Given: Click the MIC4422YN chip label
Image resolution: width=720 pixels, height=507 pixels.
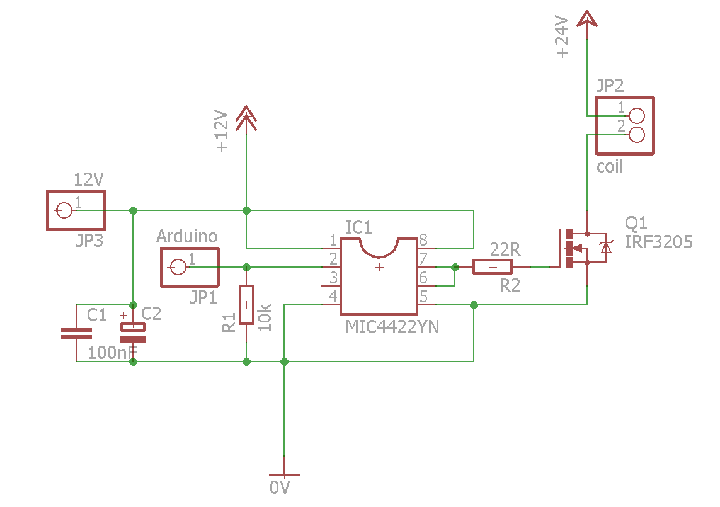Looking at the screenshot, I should pyautogui.click(x=392, y=328).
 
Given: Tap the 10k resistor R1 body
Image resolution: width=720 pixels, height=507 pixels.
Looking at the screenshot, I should pyautogui.click(x=246, y=305).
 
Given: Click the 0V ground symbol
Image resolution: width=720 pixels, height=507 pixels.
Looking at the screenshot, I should pyautogui.click(x=284, y=475).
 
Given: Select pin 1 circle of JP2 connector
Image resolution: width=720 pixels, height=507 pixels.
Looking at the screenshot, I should pyautogui.click(x=637, y=116).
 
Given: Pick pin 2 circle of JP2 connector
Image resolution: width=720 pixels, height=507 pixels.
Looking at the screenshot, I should pyautogui.click(x=637, y=134).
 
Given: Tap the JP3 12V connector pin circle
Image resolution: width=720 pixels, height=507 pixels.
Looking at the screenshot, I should pyautogui.click(x=64, y=210).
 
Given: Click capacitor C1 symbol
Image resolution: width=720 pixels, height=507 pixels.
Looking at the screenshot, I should pyautogui.click(x=76, y=333).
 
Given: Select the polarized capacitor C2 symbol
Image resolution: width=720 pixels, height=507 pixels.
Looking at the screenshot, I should pyautogui.click(x=133, y=333).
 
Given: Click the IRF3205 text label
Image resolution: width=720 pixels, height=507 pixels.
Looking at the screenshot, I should pyautogui.click(x=659, y=242).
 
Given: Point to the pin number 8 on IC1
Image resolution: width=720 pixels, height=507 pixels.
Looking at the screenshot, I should pyautogui.click(x=423, y=240).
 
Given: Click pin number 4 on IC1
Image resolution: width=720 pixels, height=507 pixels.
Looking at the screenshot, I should pyautogui.click(x=333, y=296).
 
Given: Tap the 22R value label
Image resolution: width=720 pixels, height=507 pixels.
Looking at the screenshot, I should pyautogui.click(x=505, y=250).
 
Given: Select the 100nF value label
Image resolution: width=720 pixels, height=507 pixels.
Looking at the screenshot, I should pyautogui.click(x=112, y=353).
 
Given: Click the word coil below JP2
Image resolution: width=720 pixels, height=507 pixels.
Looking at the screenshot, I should pyautogui.click(x=610, y=167).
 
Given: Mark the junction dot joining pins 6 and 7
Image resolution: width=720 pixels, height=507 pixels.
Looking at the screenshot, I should pyautogui.click(x=455, y=267).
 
